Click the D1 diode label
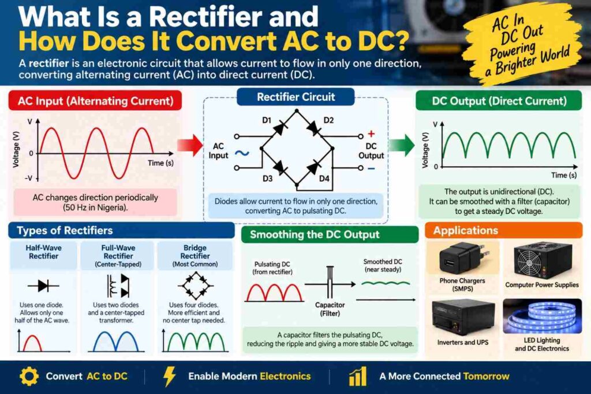point(267,120)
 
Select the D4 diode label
point(324,178)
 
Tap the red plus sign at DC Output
point(371,134)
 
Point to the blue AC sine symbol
point(242,153)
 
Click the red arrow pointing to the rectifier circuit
point(190,145)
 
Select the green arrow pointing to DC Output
point(402,145)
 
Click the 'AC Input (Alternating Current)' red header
point(95,100)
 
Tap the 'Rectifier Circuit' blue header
point(296,97)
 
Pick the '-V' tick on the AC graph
point(29,178)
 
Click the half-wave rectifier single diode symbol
point(43,286)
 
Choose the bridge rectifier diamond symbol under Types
point(194,286)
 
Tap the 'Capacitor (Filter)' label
point(330,309)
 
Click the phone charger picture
point(462,260)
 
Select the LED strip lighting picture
point(542,316)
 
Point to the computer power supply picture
point(543,261)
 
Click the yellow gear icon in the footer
point(29,376)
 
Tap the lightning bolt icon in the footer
point(169,376)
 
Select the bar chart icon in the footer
point(358,376)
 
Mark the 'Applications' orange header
point(503,230)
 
